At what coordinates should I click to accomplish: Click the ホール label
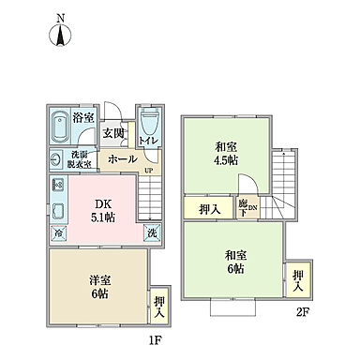(x=122, y=159)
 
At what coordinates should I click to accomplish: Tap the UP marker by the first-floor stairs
(x=148, y=171)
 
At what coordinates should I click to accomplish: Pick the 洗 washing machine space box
(x=150, y=232)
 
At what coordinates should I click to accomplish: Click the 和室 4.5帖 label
(x=225, y=153)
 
